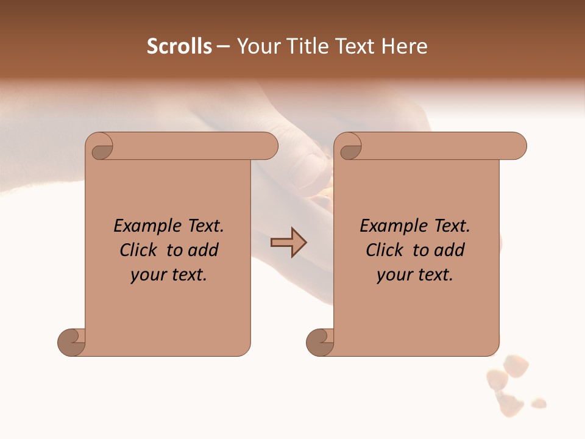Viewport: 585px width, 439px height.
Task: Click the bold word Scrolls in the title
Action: tap(179, 46)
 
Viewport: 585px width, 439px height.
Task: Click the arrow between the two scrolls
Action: tap(289, 243)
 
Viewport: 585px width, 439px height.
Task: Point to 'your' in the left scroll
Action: tap(149, 276)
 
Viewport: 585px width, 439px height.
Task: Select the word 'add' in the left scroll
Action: tap(204, 251)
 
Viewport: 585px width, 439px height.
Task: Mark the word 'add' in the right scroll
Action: tap(450, 251)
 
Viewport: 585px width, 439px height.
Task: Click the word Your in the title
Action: tap(256, 46)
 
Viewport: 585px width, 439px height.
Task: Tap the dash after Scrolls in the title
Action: tap(223, 47)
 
